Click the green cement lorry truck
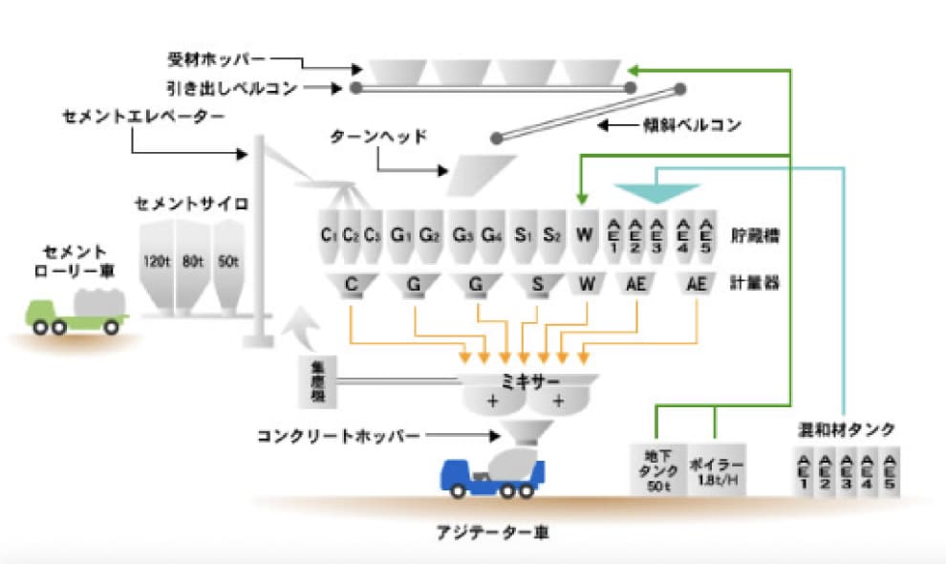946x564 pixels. coord(75,309)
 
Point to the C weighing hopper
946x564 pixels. coord(353,284)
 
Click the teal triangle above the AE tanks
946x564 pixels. coord(657,191)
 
